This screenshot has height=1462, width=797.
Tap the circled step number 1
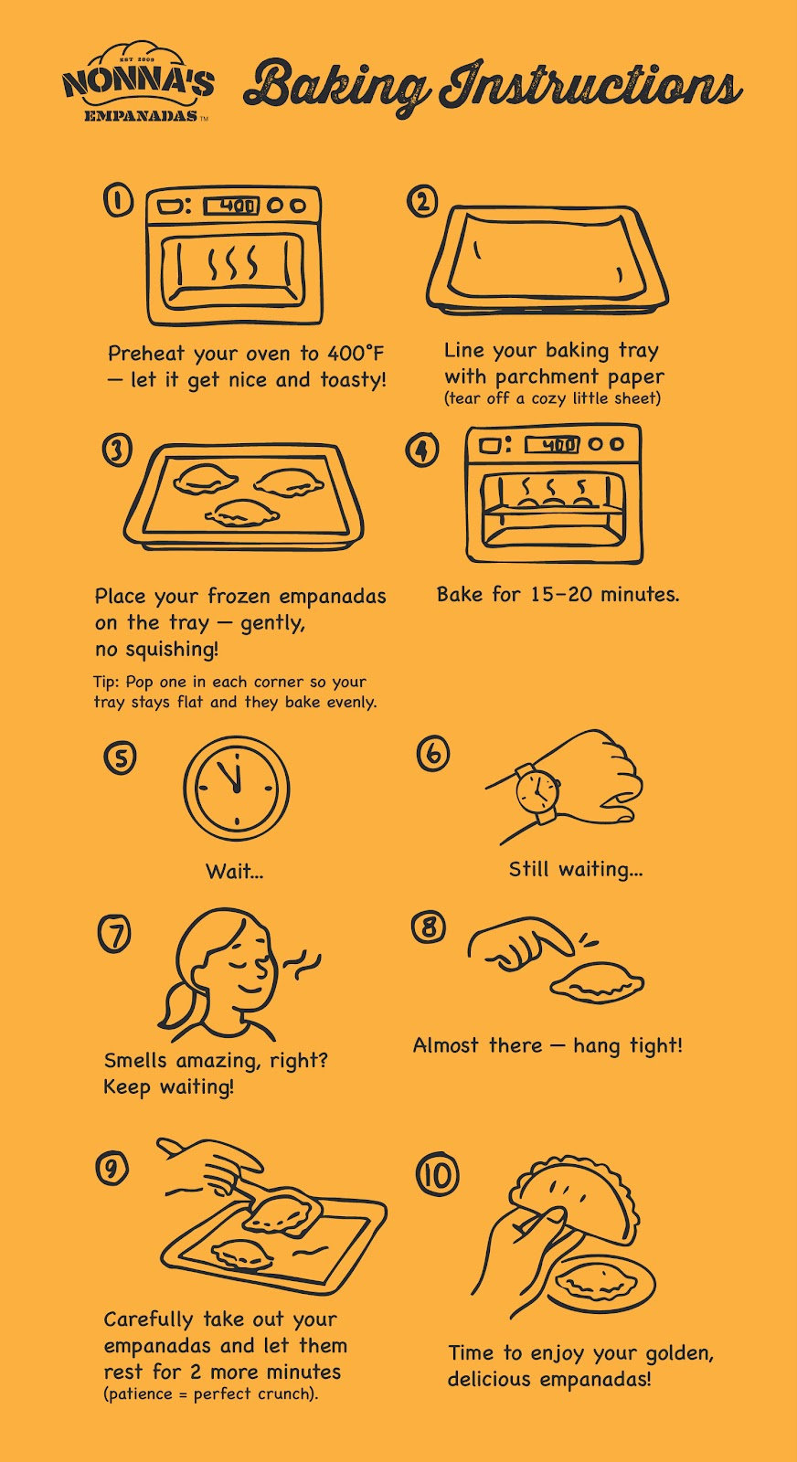click(x=118, y=200)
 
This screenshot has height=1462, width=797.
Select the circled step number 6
click(x=432, y=754)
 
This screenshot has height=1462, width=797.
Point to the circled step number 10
click(x=438, y=1175)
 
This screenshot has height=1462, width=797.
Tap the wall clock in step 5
click(x=236, y=789)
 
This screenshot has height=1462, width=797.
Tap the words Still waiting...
click(x=576, y=869)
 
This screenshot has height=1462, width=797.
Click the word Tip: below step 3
click(x=107, y=682)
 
